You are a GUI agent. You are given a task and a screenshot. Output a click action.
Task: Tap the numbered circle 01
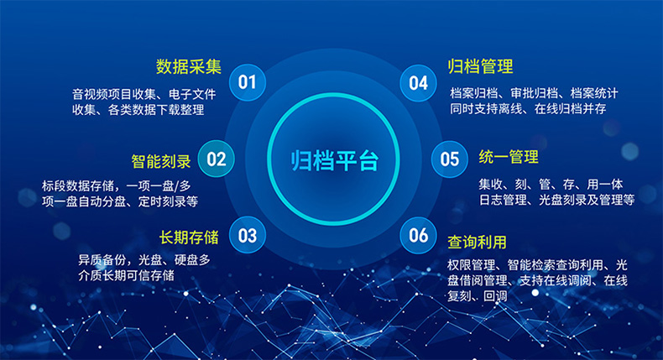click(247, 82)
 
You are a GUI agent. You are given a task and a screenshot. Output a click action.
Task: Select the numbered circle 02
click(217, 159)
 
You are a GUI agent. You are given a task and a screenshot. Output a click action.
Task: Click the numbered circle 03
click(247, 236)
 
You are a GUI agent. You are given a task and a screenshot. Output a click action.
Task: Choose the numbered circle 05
click(450, 159)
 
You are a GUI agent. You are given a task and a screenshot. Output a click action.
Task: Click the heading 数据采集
click(189, 66)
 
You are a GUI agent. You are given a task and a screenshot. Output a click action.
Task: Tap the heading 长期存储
click(189, 236)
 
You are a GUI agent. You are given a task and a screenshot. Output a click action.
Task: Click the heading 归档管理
click(481, 66)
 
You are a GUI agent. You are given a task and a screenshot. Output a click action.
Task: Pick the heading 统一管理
click(509, 157)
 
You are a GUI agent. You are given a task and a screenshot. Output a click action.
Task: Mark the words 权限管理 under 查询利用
click(471, 265)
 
